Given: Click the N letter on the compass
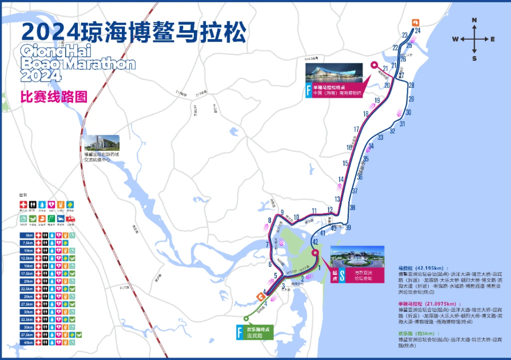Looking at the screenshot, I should tap(474, 20).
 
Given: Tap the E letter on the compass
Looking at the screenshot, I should tap(493, 39).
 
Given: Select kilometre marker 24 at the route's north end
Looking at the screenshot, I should tap(417, 31).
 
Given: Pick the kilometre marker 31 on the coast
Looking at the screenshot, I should tap(403, 124).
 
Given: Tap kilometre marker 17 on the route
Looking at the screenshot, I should tap(356, 129).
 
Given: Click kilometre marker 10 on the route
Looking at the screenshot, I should tap(296, 217).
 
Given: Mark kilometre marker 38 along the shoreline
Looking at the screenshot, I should tap(352, 208).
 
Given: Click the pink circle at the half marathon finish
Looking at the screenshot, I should tap(374, 65).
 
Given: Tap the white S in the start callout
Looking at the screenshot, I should tap(342, 278).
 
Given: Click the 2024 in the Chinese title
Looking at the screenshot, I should tap(49, 33).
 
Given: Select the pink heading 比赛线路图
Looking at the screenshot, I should tap(54, 96).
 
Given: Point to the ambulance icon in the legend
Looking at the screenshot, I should tap(71, 217).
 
